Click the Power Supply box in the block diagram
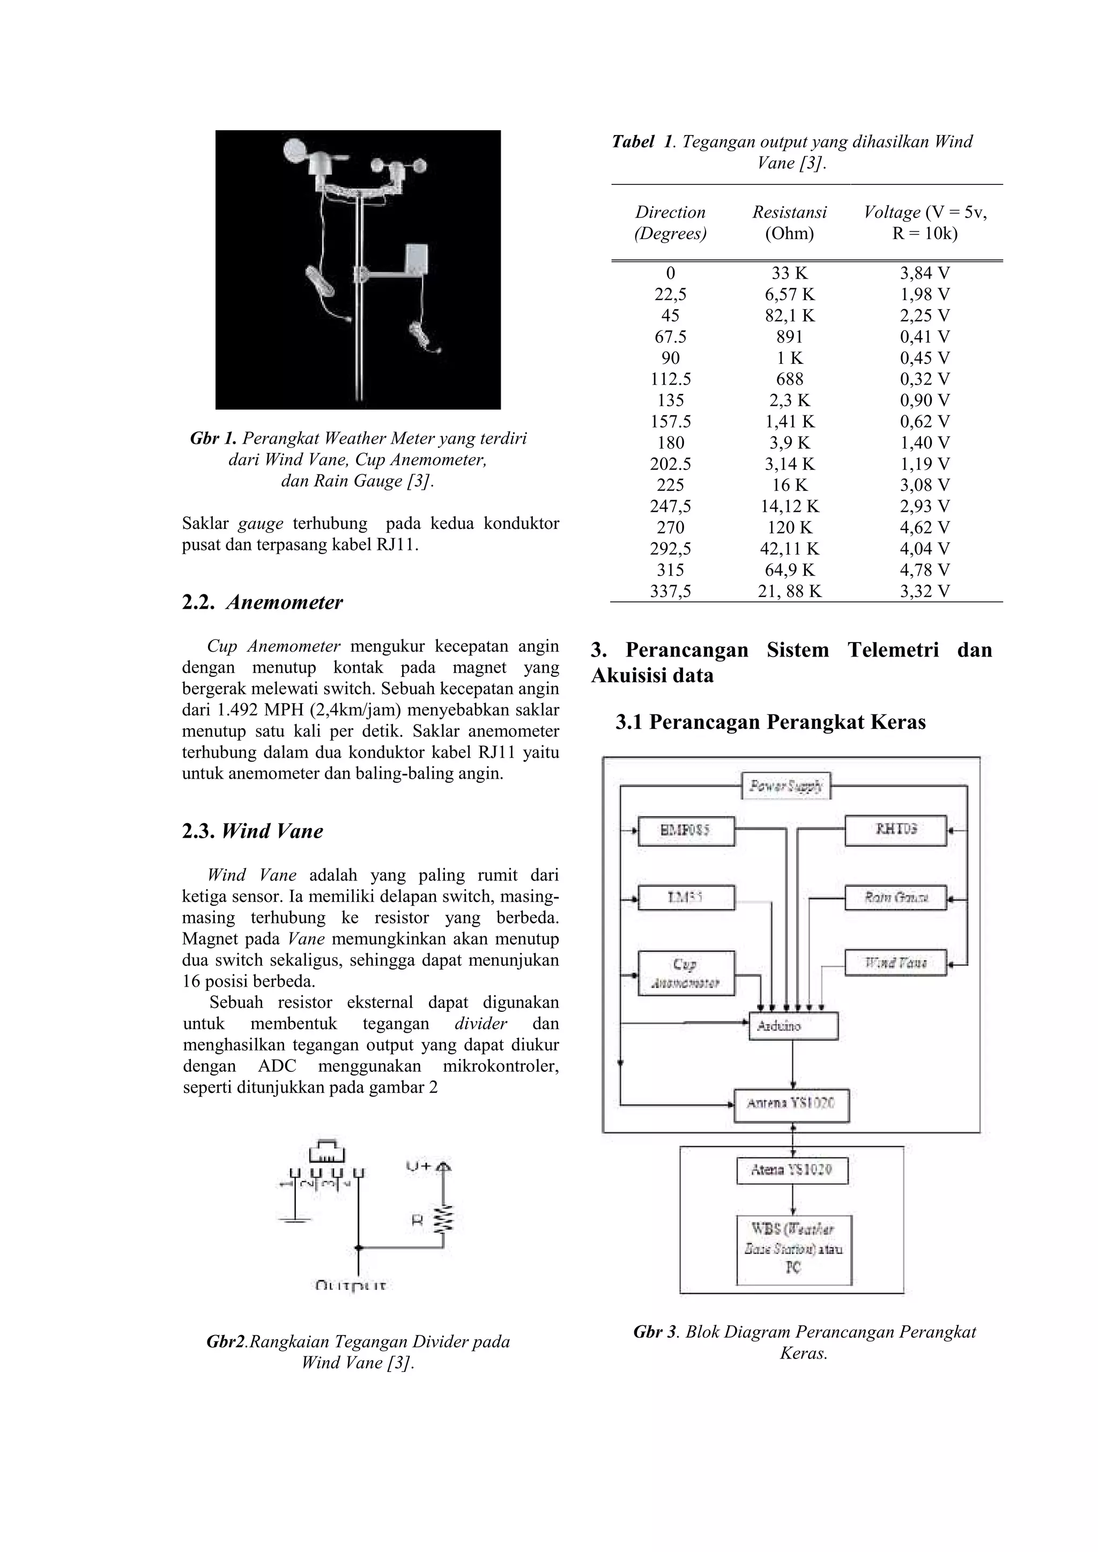[x=785, y=786]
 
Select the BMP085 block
[x=686, y=831]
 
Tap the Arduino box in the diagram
[x=793, y=1026]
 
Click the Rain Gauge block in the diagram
[x=895, y=898]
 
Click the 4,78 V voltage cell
[x=924, y=570]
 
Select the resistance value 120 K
[x=789, y=527]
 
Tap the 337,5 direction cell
[x=670, y=592]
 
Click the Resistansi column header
[x=789, y=212]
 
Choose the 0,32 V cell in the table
[x=924, y=379]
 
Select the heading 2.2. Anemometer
[x=262, y=602]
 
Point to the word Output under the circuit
[x=352, y=1286]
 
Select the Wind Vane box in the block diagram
[x=895, y=962]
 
